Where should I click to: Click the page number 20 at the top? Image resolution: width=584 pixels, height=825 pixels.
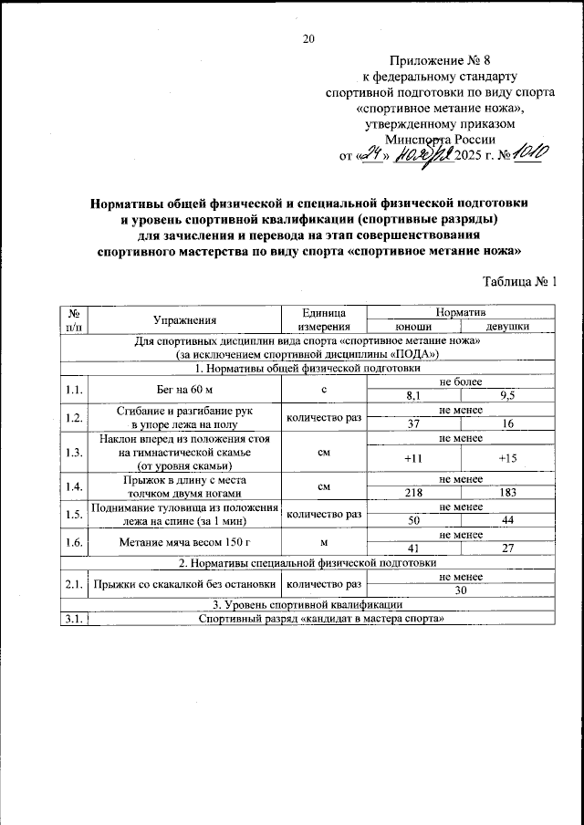coord(308,38)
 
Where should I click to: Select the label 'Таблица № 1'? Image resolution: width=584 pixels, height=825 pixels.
coord(517,281)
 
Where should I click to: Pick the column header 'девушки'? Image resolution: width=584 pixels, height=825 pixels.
coord(506,327)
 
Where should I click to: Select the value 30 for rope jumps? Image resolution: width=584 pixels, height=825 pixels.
coord(460,590)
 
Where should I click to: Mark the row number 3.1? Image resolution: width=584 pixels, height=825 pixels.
coord(73,620)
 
